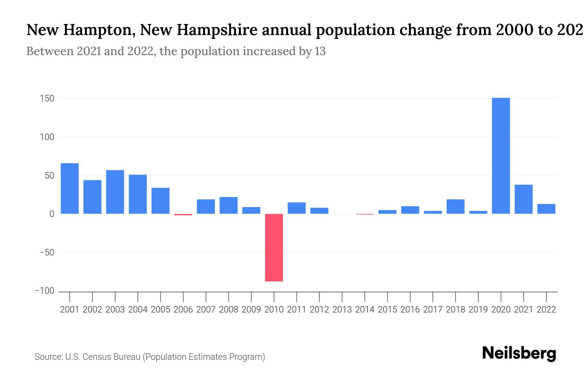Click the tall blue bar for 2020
click(501, 156)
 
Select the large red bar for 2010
click(274, 247)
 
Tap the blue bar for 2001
click(70, 188)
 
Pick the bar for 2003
click(115, 192)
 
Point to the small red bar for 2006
click(183, 215)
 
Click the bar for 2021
click(523, 199)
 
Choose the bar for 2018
click(456, 206)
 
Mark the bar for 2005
click(161, 201)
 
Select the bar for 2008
click(228, 205)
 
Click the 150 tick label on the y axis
click(47, 99)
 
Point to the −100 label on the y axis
click(45, 291)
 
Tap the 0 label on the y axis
click(52, 214)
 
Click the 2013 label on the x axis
click(342, 310)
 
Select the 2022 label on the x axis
click(546, 310)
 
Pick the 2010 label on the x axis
click(274, 310)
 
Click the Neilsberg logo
click(519, 353)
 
